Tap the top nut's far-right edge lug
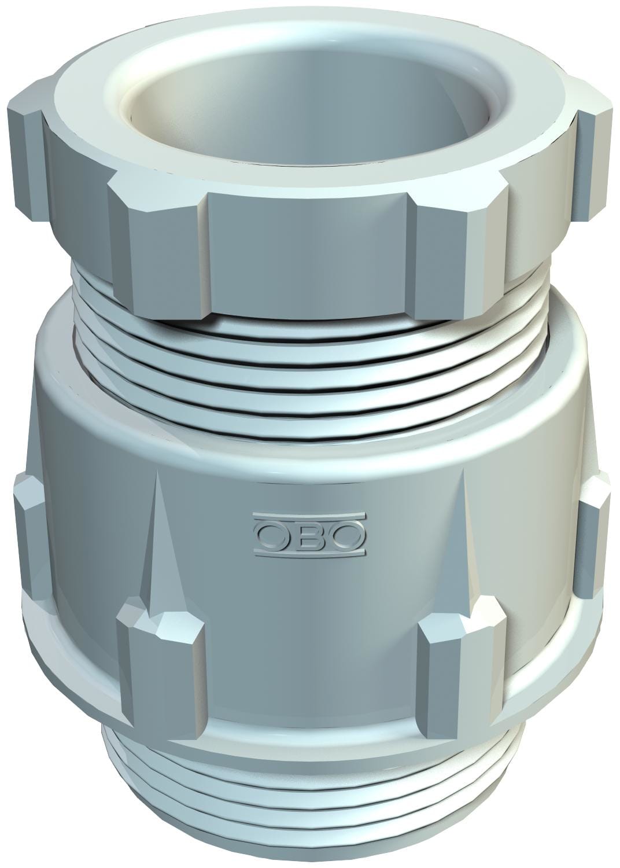(x=596, y=145)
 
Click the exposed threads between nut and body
(x=312, y=370)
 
